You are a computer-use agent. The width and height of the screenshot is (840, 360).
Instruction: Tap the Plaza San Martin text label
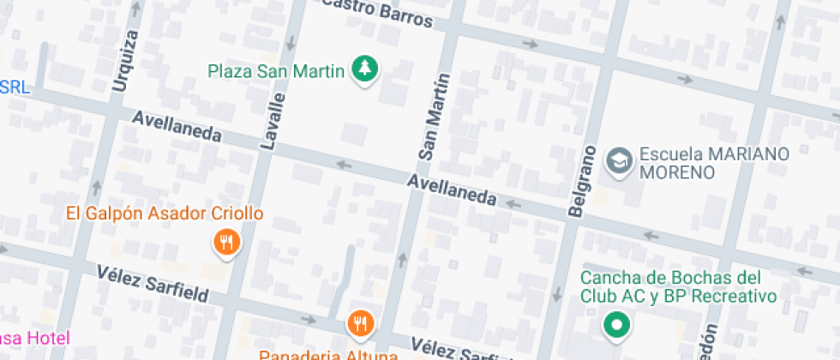pos(276,69)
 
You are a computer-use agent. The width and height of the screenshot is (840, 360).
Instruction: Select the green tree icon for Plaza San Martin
pos(366,69)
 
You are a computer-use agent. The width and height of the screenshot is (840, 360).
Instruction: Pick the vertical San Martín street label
pos(435,117)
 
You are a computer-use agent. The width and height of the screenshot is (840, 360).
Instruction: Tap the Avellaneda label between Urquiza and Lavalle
pos(177,126)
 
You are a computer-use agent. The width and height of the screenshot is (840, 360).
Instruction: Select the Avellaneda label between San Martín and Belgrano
pos(452,189)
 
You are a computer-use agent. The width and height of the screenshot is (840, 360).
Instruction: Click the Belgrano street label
pos(581,180)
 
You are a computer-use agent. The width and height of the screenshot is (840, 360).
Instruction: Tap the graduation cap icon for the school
pos(617,160)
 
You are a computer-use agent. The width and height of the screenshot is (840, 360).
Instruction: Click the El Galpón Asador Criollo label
pos(165,213)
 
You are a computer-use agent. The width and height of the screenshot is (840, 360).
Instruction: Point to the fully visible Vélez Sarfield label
pos(153,283)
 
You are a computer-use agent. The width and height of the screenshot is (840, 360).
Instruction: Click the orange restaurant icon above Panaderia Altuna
pos(359,323)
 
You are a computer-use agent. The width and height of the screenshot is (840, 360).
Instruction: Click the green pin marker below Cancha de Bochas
pos(615,326)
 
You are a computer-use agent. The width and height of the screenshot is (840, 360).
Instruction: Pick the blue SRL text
pos(15,87)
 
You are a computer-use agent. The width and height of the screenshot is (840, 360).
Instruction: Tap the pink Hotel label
pos(34,337)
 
